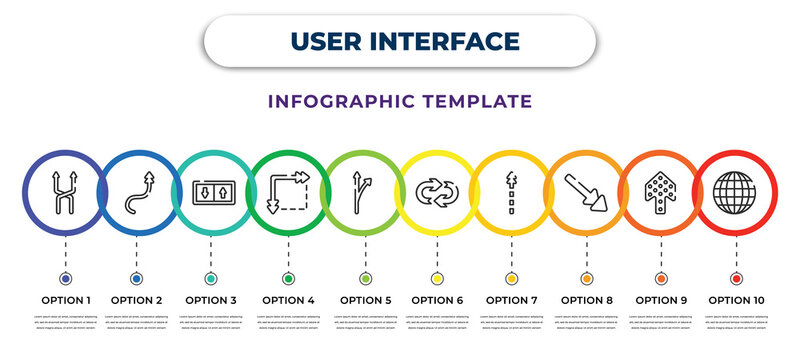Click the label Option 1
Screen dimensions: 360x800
pos(65,299)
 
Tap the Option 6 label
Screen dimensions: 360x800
pos(437,299)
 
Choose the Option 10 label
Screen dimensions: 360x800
pos(737,299)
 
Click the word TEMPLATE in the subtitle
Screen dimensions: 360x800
pos(473,101)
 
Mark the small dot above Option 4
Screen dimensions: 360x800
pos(288,278)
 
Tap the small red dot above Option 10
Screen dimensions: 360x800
pos(737,278)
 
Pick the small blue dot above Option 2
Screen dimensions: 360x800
pos(137,278)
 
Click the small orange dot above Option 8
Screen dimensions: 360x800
pos(585,278)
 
